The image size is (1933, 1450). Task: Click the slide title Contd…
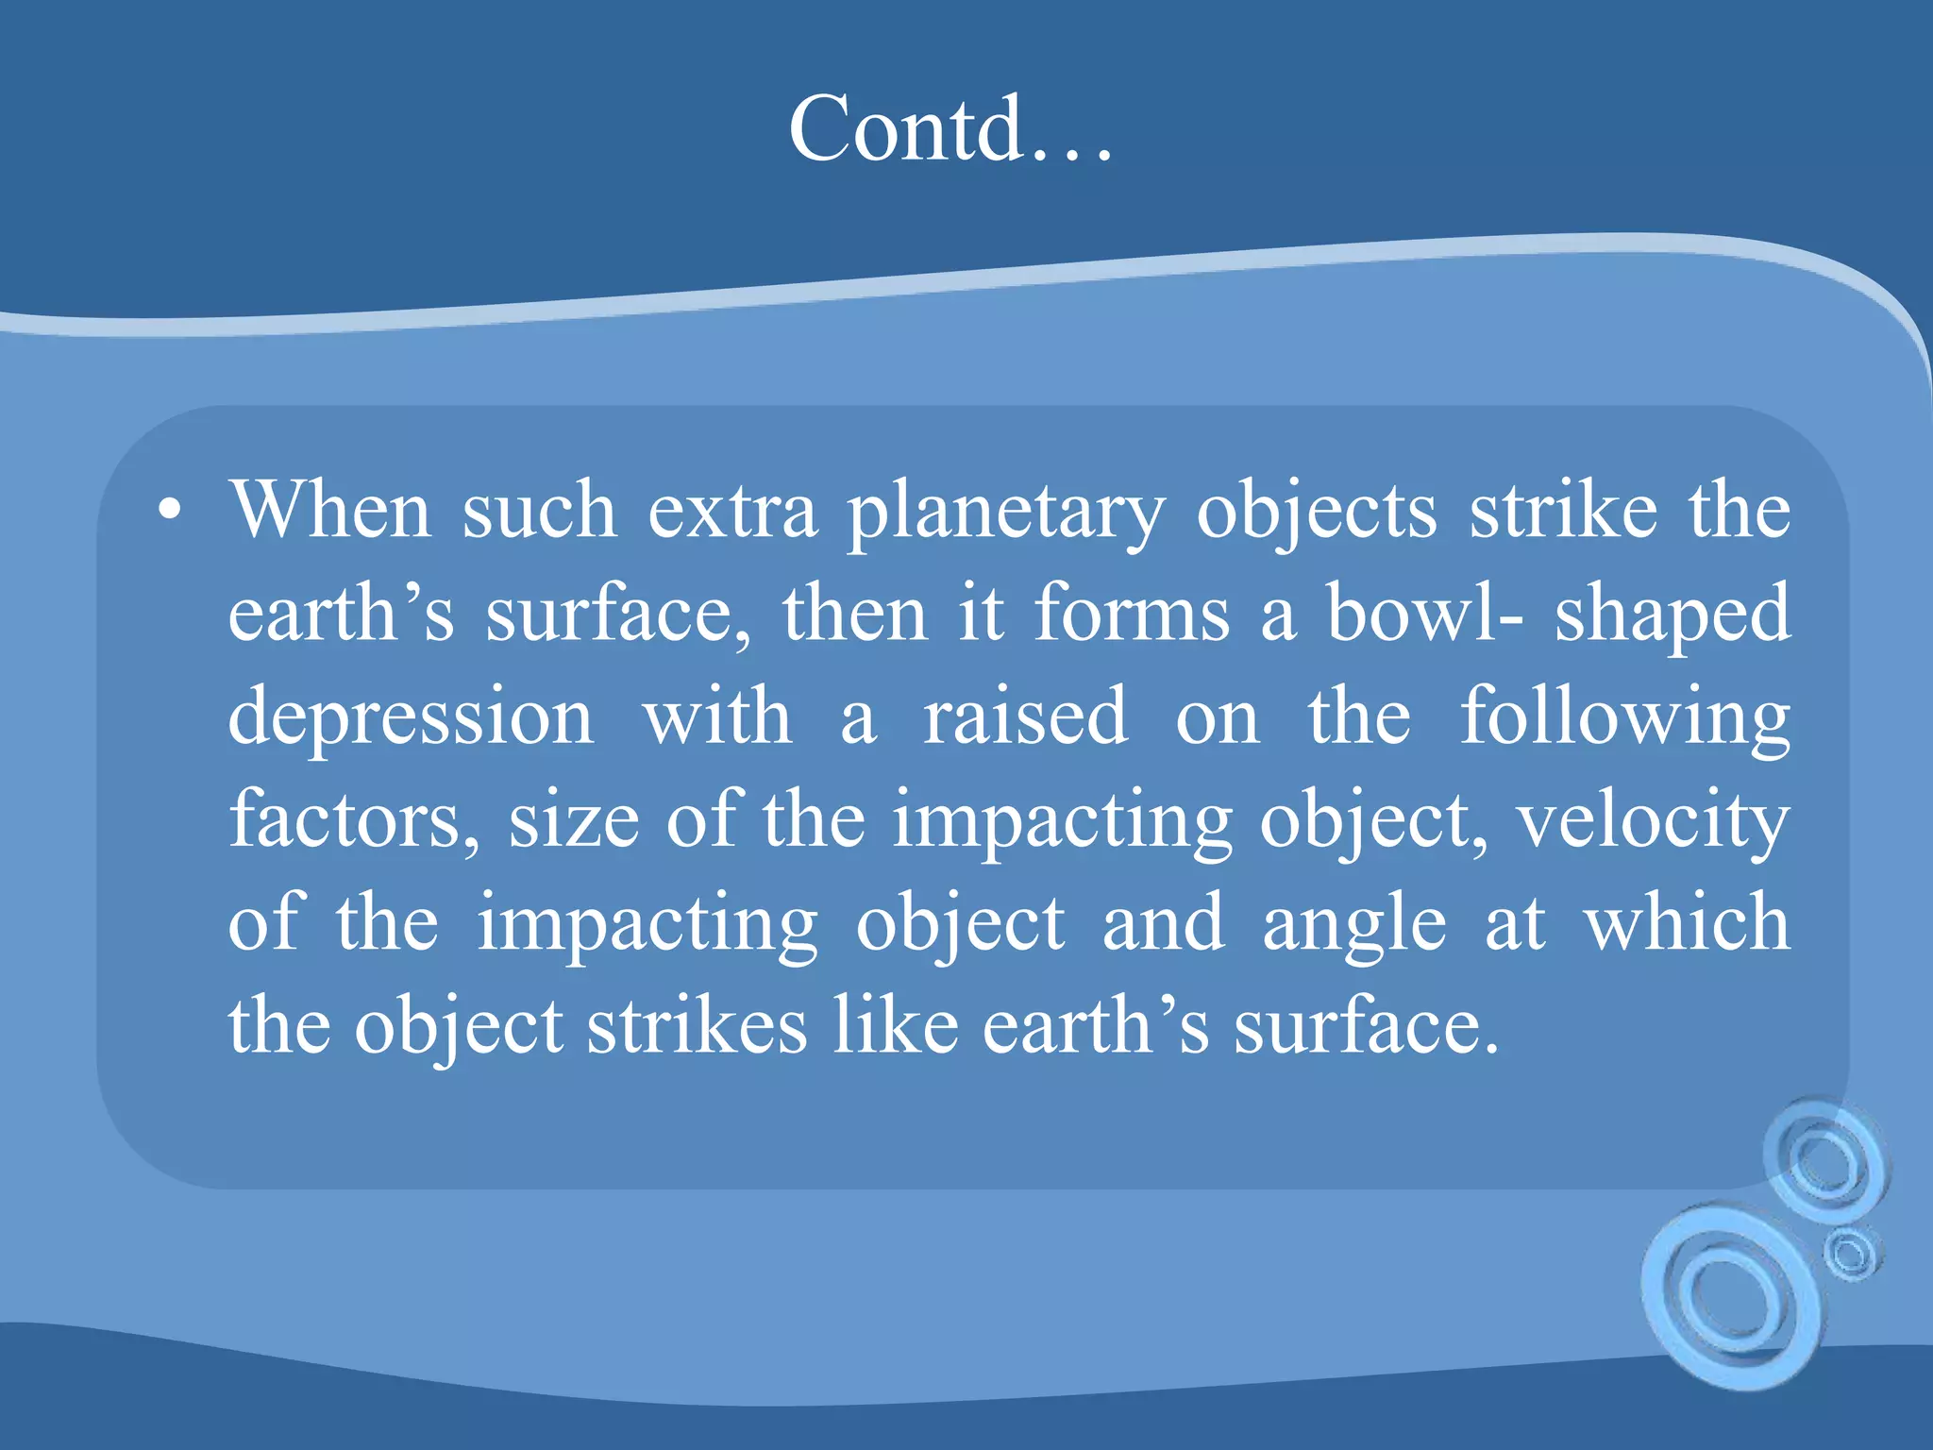click(950, 129)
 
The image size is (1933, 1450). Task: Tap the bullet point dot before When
click(169, 511)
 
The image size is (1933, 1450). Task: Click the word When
click(330, 511)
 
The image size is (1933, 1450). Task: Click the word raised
click(1025, 717)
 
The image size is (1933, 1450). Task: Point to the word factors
click(354, 819)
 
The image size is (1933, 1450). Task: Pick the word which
click(1686, 922)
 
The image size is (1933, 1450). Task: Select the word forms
click(1132, 614)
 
